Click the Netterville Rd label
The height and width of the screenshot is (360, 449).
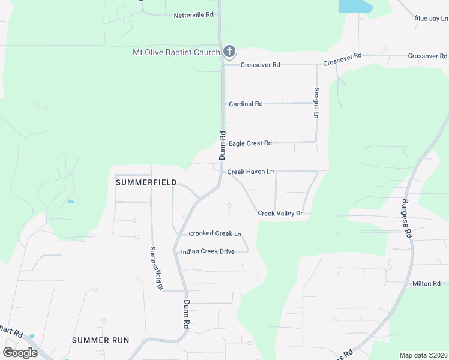click(x=194, y=15)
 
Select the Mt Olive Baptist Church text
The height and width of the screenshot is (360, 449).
click(x=176, y=53)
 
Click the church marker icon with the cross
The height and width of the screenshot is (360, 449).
click(x=229, y=52)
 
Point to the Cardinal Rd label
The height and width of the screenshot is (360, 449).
click(x=246, y=104)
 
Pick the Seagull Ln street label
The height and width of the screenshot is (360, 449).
click(x=316, y=103)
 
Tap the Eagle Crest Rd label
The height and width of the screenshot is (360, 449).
click(x=250, y=143)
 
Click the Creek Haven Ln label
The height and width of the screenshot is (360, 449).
click(x=250, y=172)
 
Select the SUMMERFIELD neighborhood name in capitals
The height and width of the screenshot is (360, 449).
click(x=146, y=182)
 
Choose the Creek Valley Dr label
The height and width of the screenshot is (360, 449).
click(x=279, y=214)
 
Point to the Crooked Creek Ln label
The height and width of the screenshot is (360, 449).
click(x=215, y=234)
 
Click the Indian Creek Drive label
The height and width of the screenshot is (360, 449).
click(x=208, y=251)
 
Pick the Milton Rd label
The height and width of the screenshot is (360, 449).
click(x=426, y=283)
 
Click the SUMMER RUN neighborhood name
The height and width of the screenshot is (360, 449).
click(x=100, y=340)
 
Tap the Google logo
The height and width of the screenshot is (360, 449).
click(x=20, y=352)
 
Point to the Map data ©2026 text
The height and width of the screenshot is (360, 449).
click(x=423, y=355)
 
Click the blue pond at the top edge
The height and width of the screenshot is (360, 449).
click(x=355, y=6)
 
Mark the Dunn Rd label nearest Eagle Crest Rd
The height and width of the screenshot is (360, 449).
click(x=222, y=146)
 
